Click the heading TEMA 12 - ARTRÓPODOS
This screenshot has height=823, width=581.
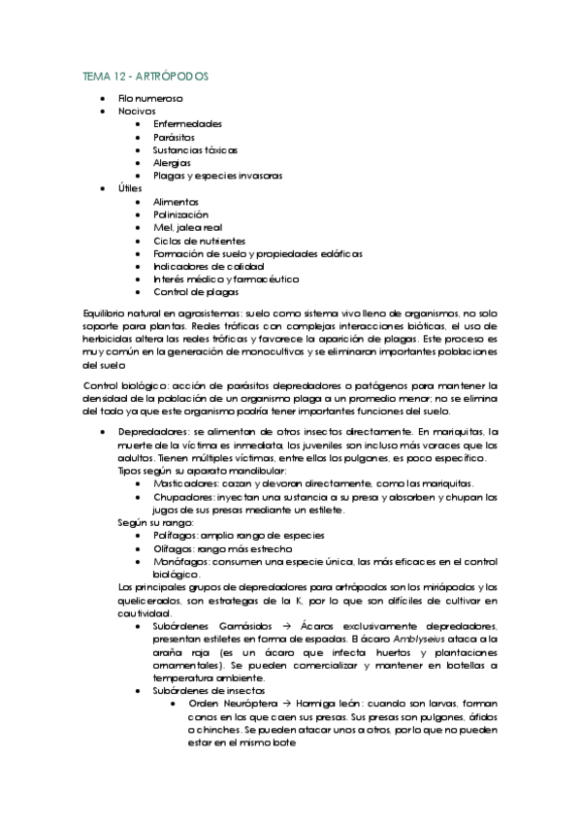[x=145, y=76]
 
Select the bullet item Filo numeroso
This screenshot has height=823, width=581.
[x=150, y=98]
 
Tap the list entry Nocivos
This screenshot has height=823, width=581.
[x=137, y=112]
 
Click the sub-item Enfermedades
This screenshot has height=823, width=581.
[x=187, y=124]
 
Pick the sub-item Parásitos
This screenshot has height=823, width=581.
[x=176, y=137]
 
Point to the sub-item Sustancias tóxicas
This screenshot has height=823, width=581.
[x=195, y=149]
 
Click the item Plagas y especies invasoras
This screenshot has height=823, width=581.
[x=217, y=176]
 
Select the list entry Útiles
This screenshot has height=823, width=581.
[x=131, y=188]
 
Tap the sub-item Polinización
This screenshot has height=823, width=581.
[x=180, y=214]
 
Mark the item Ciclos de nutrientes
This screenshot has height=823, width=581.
[x=199, y=240]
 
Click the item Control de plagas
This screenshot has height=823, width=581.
[x=196, y=291]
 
